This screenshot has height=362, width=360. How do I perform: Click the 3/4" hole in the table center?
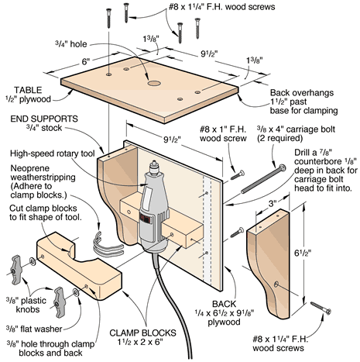tap(154, 83)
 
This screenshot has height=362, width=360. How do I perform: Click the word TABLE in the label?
tap(28, 90)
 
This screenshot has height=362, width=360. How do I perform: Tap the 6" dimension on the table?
tap(85, 62)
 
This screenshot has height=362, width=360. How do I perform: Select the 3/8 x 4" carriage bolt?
tap(263, 179)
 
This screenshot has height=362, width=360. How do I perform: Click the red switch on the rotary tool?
tap(146, 219)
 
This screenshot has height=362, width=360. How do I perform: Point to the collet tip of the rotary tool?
tap(154, 163)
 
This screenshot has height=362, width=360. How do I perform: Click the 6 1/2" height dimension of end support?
tap(303, 253)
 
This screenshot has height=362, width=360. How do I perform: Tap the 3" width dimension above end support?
tap(273, 203)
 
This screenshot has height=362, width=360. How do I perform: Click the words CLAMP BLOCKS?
tap(142, 333)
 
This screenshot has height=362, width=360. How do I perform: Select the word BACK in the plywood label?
tap(224, 304)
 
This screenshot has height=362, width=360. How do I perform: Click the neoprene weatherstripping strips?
tap(106, 245)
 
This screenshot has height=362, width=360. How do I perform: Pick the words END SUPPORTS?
tap(44, 119)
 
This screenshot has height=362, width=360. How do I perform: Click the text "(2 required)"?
tap(279, 138)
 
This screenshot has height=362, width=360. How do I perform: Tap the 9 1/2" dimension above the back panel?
tap(172, 140)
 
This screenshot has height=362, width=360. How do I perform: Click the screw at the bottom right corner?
tap(321, 308)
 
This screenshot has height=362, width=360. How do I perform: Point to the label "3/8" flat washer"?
tap(34, 329)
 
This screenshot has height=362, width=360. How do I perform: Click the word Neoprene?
tap(29, 168)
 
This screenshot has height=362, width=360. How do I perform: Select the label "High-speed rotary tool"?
tap(53, 153)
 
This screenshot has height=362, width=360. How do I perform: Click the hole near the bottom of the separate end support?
tap(276, 284)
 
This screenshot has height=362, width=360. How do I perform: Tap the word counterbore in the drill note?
tap(317, 162)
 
